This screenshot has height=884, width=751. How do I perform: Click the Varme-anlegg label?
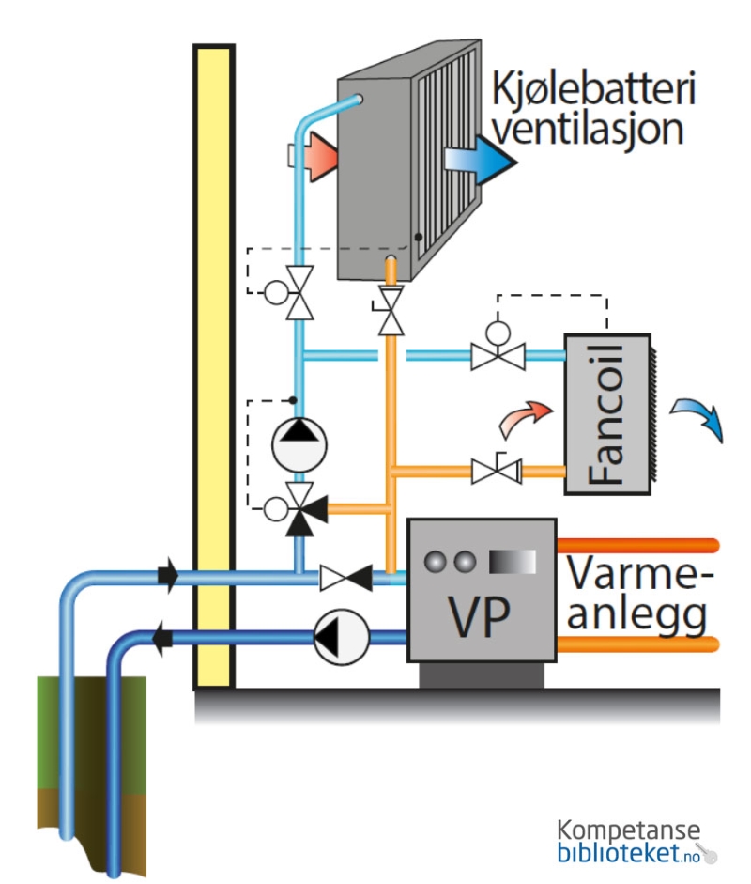click(x=639, y=594)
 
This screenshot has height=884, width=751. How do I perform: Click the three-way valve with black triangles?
click(x=301, y=508)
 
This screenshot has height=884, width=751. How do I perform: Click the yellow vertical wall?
click(x=212, y=366)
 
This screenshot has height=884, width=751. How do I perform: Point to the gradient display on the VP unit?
click(x=513, y=561)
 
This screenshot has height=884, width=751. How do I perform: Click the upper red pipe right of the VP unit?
click(x=638, y=545)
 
